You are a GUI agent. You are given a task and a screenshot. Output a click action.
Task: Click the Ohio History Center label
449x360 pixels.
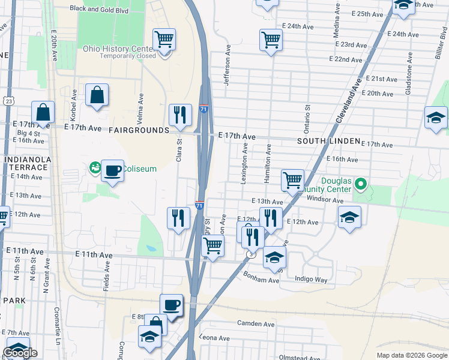click(119, 49)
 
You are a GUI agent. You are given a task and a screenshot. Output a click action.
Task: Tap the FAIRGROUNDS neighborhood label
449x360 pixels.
click(139, 130)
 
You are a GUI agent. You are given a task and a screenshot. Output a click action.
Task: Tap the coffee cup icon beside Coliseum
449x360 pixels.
click(113, 171)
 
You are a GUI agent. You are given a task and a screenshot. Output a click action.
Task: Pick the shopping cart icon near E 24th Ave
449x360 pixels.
click(271, 40)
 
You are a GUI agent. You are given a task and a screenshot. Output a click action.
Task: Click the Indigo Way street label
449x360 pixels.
click(312, 279)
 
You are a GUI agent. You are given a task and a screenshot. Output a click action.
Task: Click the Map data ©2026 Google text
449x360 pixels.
click(412, 355)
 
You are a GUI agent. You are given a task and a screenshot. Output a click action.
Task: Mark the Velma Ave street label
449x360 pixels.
click(141, 104)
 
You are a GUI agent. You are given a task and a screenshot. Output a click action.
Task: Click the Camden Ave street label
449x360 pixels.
click(256, 323)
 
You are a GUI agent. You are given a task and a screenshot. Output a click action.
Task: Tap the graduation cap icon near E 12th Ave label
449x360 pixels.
click(349, 218)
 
